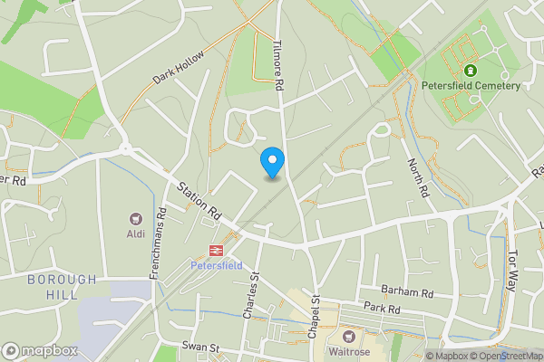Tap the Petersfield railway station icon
pyautogui.click(x=217, y=250)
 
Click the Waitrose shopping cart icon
pyautogui.click(x=348, y=337)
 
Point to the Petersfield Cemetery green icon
pyautogui.click(x=471, y=71)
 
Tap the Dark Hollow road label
pyautogui.click(x=178, y=67)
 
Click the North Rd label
pyautogui.click(x=418, y=177)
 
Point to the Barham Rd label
pyautogui.click(x=408, y=292)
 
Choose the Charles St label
pyautogui.click(x=251, y=296)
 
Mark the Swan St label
pyautogui.click(x=201, y=347)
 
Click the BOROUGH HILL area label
pyautogui.click(x=62, y=288)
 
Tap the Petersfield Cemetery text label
pyautogui.click(x=471, y=86)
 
